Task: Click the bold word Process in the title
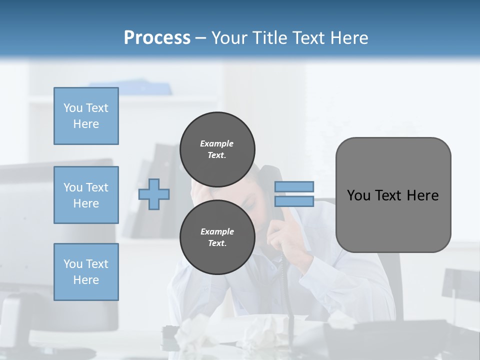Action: [x=157, y=37]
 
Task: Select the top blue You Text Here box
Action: [x=86, y=116]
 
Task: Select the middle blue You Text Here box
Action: [x=86, y=195]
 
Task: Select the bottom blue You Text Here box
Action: [x=86, y=271]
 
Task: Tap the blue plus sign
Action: [x=154, y=194]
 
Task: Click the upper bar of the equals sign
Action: [x=294, y=186]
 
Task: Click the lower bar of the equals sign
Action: [x=294, y=201]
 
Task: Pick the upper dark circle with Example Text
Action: [x=217, y=149]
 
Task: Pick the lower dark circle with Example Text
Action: [x=217, y=237]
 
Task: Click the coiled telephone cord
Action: [x=281, y=280]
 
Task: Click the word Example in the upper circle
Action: [x=216, y=143]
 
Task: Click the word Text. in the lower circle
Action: [x=217, y=243]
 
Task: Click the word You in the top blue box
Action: [x=73, y=108]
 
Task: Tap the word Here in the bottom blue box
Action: [x=86, y=280]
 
